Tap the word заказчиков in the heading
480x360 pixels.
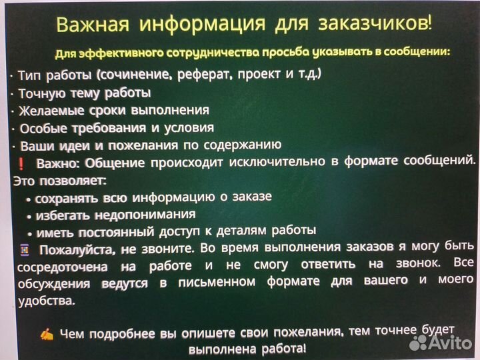tap(379, 24)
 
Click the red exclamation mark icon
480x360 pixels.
tap(21, 163)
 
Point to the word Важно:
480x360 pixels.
tap(57, 163)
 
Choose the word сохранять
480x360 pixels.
tap(65, 198)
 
